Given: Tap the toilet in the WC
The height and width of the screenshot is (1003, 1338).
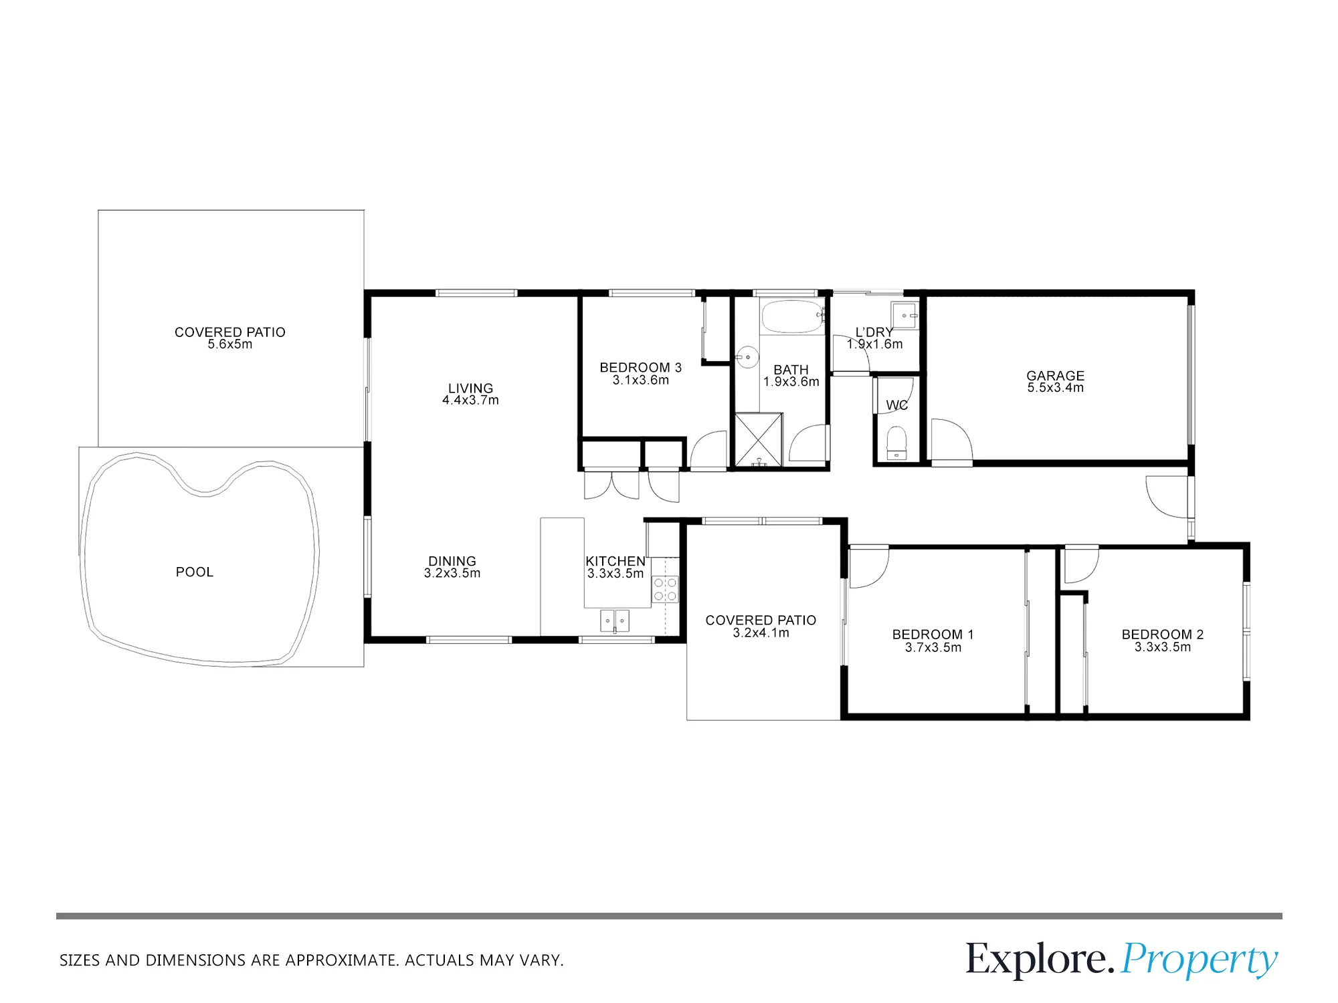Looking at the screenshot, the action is click(896, 443).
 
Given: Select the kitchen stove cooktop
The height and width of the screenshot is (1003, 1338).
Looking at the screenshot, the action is click(665, 589).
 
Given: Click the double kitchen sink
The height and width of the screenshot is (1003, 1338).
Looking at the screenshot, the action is click(614, 621).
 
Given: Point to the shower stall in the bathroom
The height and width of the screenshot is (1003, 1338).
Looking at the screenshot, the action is click(759, 439).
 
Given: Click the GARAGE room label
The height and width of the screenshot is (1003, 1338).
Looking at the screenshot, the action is click(1056, 376).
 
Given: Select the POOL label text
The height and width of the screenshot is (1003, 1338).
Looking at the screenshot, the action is click(195, 572).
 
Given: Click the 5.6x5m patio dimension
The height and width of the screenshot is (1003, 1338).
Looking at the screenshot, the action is click(230, 344).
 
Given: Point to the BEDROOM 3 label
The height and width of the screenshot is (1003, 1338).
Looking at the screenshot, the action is click(641, 368).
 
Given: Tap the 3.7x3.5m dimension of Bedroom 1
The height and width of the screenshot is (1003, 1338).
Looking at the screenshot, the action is click(933, 647).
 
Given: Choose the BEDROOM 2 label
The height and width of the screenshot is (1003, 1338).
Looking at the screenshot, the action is click(1163, 635).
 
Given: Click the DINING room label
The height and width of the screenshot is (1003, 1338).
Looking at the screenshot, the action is click(452, 562).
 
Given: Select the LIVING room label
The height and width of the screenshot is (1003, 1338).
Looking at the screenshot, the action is click(471, 388).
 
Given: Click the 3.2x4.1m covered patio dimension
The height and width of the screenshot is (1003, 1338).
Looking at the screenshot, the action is click(761, 633).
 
